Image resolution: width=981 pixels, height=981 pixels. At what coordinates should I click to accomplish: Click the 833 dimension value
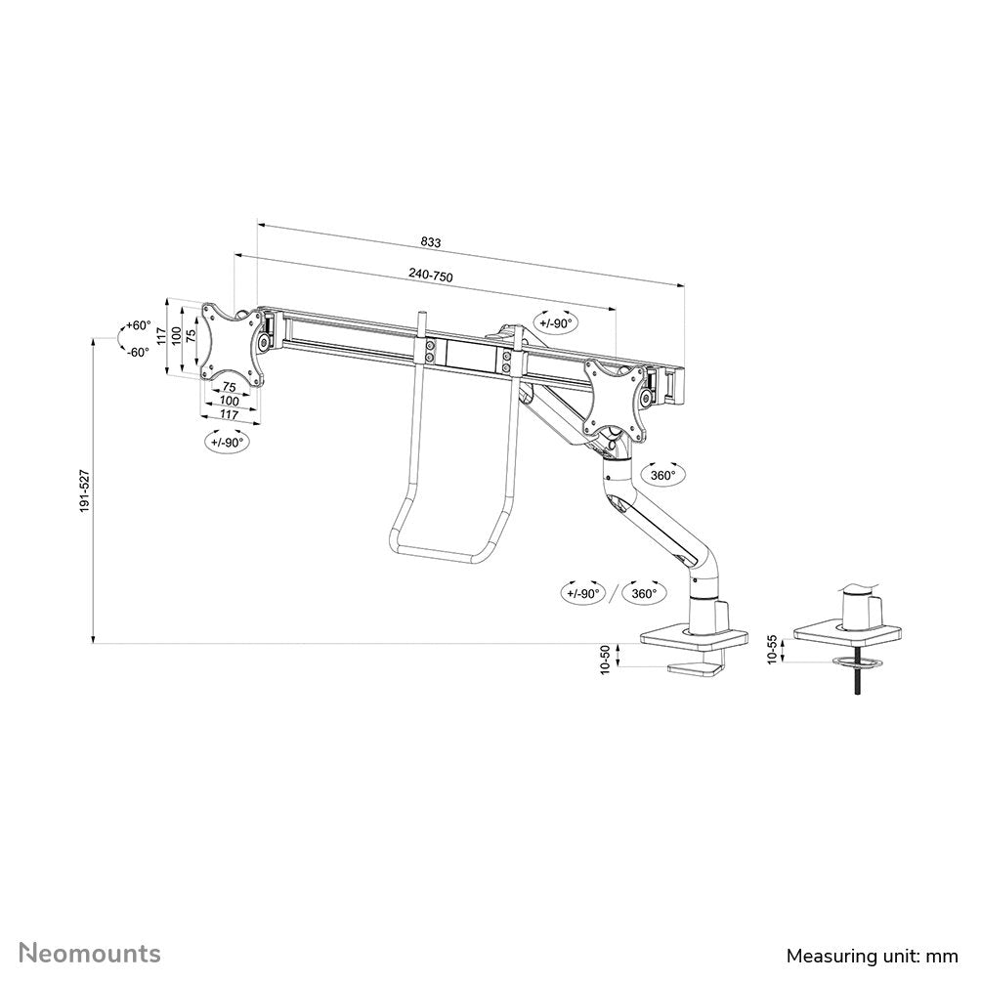tap(431, 241)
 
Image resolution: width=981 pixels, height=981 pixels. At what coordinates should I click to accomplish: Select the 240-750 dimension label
tap(431, 277)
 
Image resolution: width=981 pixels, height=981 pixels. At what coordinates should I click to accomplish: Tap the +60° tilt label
tap(137, 325)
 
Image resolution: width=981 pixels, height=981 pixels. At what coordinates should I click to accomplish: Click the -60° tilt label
tap(137, 352)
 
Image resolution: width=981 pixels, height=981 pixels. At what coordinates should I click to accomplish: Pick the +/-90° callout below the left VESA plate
tap(229, 442)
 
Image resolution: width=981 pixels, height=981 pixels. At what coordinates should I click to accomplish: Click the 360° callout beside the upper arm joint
tap(663, 476)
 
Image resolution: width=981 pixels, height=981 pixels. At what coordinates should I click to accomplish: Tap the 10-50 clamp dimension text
tap(606, 661)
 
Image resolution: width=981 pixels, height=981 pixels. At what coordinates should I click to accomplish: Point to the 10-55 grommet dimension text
tap(773, 650)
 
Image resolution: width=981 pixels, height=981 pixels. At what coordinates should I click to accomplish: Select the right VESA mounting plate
tap(616, 396)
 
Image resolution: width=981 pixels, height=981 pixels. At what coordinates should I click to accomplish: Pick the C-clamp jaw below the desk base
tap(699, 669)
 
